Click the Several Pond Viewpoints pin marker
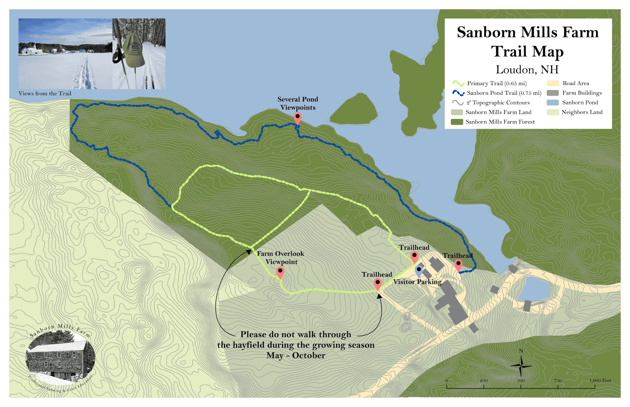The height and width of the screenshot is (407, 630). click(x=297, y=118)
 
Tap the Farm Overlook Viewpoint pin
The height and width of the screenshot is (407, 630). click(x=280, y=272)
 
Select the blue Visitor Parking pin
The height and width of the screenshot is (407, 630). click(x=419, y=270)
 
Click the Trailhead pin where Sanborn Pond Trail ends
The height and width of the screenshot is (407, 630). click(x=458, y=265)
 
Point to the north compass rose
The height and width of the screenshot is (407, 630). click(x=521, y=365)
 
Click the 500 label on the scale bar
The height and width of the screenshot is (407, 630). click(x=521, y=381)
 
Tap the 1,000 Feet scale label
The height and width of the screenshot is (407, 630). click(x=600, y=381)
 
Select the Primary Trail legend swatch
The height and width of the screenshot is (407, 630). click(x=458, y=83)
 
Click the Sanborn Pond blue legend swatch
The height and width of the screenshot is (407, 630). click(x=553, y=103)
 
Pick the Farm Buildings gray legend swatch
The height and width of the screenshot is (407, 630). click(x=553, y=93)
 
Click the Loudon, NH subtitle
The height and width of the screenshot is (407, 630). click(x=527, y=70)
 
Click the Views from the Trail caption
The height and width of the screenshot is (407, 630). click(x=45, y=93)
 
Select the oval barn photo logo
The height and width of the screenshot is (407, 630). click(x=60, y=359)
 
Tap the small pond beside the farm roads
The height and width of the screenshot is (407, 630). click(x=534, y=289)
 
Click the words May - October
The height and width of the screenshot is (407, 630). click(x=295, y=355)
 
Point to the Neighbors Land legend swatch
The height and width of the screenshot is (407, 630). click(x=553, y=112)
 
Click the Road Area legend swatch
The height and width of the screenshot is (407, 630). click(x=553, y=83)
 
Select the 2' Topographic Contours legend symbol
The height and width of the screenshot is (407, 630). click(x=457, y=103)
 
